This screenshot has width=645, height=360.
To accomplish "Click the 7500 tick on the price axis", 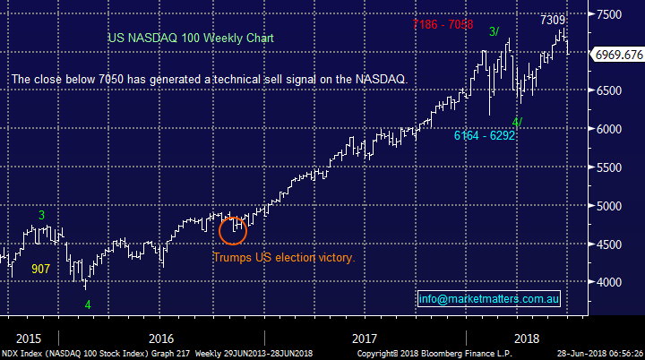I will tap(611, 14).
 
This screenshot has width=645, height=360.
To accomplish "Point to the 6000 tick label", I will tap(611, 129).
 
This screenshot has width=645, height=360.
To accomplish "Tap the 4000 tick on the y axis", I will tap(611, 282).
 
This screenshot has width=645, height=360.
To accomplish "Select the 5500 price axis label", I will tap(611, 167).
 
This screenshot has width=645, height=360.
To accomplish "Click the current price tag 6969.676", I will tap(618, 56).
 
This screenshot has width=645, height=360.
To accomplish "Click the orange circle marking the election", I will tap(234, 230).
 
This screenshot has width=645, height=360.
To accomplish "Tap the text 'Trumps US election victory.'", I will tap(284, 258).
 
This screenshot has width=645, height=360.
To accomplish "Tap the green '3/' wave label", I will tap(494, 32).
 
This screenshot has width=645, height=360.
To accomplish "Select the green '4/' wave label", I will tap(517, 122).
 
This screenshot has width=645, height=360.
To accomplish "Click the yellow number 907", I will tap(41, 269).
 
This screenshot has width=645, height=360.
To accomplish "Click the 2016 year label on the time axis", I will tap(161, 339).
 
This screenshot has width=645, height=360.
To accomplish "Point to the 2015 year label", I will tap(28, 339).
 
